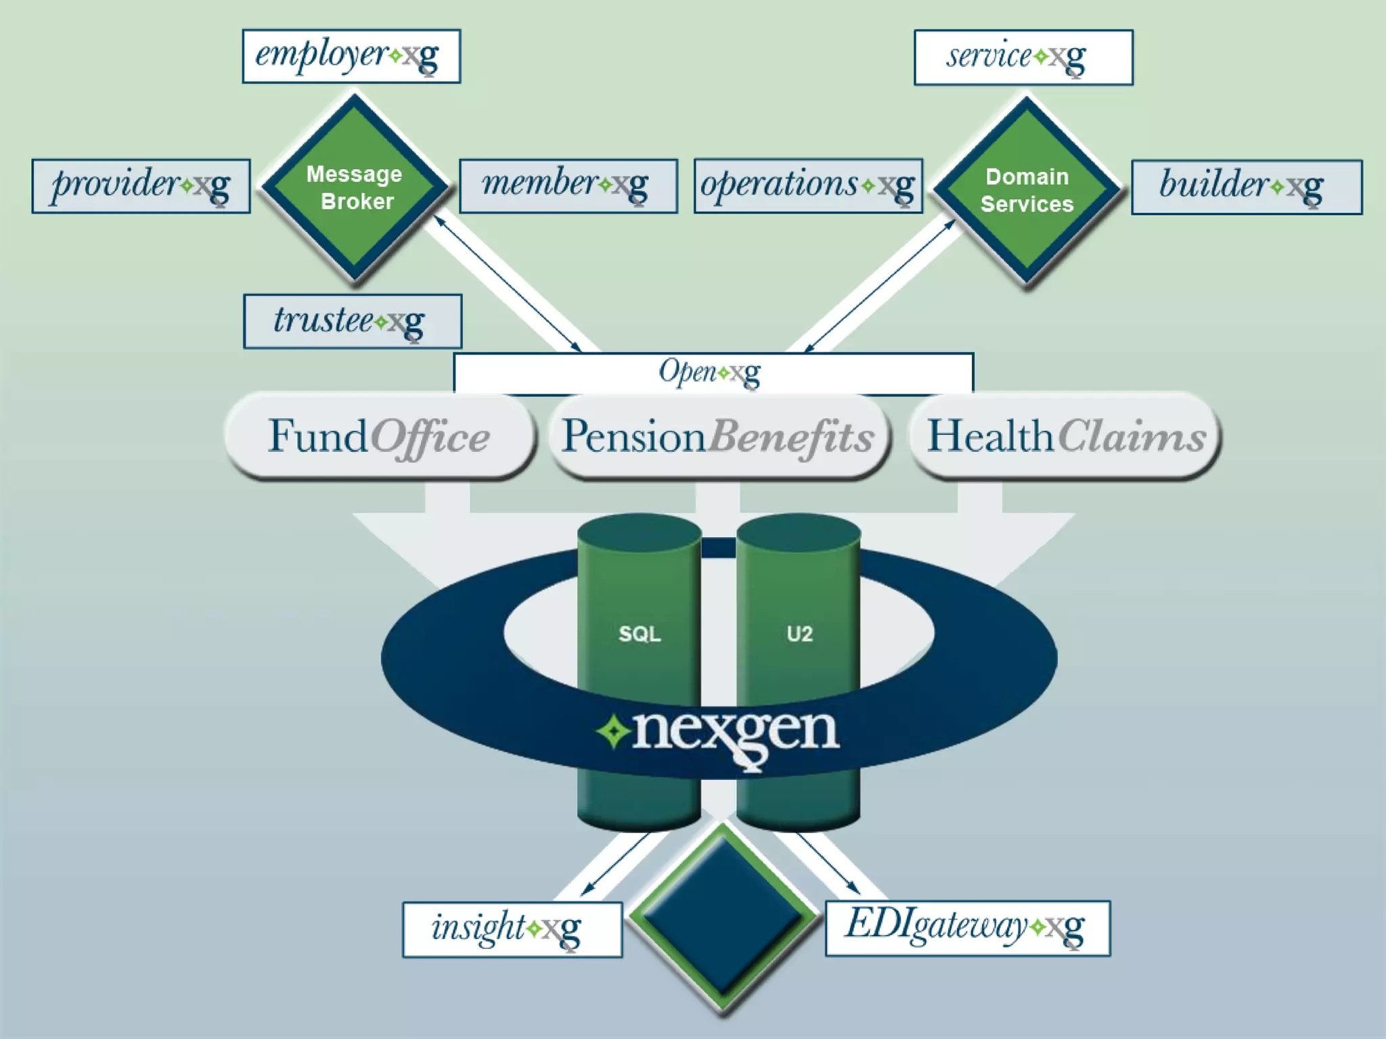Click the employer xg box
point(351,56)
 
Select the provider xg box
point(141,186)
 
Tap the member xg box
point(568,186)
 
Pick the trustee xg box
point(353,321)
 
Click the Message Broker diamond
point(355,187)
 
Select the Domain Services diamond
point(1027,190)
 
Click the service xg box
point(1023,57)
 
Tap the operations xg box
point(808,186)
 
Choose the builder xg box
point(1246,187)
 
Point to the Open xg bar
point(713,372)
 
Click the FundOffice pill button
point(379,436)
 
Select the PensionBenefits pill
point(717,436)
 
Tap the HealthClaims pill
point(1065,436)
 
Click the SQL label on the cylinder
point(640,634)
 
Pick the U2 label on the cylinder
point(799,634)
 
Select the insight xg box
point(512,929)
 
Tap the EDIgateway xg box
point(967,927)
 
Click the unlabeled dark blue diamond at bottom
point(723,917)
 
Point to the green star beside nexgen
point(614,732)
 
